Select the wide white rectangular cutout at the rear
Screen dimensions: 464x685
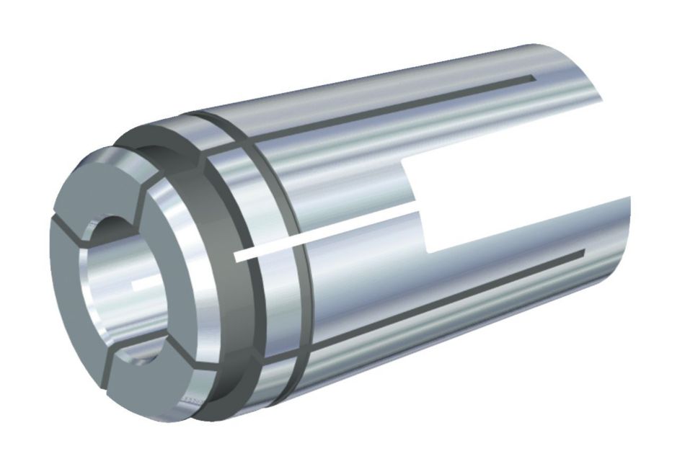coord(505,209)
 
